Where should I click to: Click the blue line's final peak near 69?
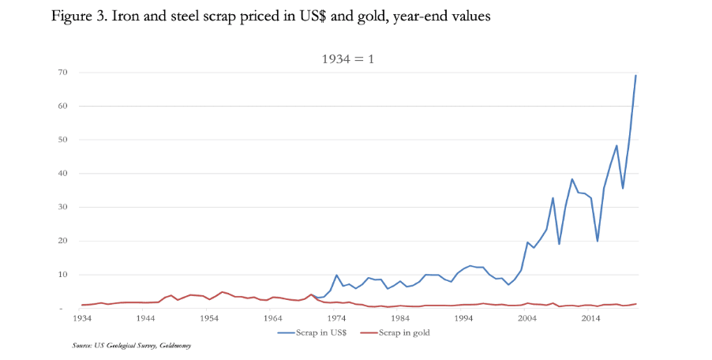(x=636, y=76)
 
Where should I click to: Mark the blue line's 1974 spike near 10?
(x=336, y=275)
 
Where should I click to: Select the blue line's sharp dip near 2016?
(x=598, y=241)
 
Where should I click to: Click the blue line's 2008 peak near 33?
(x=553, y=198)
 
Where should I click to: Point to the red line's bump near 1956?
(x=222, y=292)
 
